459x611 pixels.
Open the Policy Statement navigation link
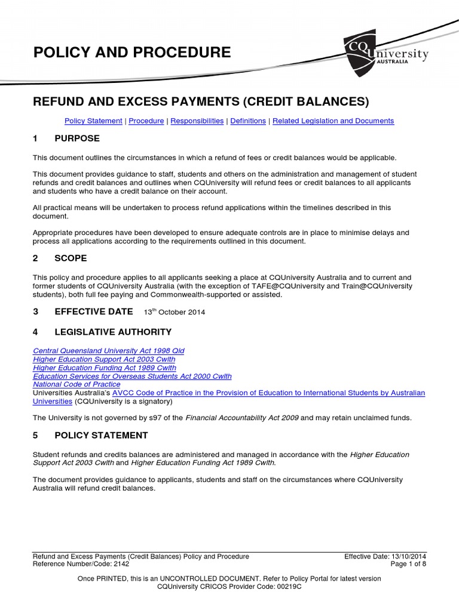coord(93,121)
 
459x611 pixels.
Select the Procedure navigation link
coord(146,121)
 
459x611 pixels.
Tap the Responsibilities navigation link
coord(197,121)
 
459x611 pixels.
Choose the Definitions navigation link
coord(248,121)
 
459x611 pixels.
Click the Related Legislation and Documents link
coord(333,121)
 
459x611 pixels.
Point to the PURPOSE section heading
coord(77,138)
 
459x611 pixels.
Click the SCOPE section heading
coord(71,258)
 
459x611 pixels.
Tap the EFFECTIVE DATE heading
coord(93,311)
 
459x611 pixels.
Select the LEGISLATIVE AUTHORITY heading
coord(113,332)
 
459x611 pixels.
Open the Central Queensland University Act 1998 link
coord(108,351)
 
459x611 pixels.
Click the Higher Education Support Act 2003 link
coord(104,359)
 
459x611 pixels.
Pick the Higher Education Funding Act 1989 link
coord(105,368)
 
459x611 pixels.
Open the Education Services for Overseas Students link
coord(132,377)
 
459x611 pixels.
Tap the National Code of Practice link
coord(76,385)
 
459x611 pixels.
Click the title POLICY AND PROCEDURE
coord(131,53)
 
